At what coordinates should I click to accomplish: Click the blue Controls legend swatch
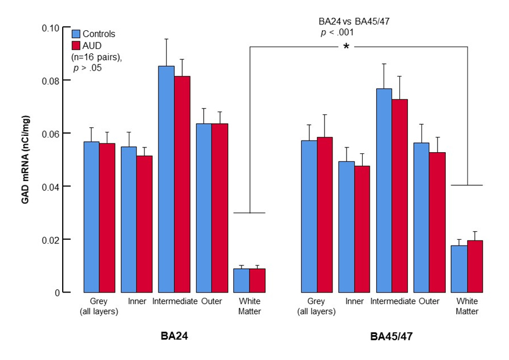(75, 34)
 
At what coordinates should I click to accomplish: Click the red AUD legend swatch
(75, 45)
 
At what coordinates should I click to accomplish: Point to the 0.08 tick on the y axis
(65, 80)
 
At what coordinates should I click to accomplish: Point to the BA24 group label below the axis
(172, 336)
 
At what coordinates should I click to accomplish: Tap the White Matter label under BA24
(250, 306)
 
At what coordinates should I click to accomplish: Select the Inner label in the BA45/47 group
(354, 301)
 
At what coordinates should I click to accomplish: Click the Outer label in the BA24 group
(211, 301)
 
